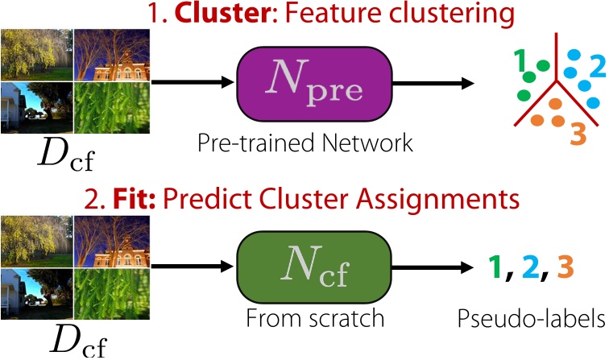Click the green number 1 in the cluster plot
521,60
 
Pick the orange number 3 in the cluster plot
576,134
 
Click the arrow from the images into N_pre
193,82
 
